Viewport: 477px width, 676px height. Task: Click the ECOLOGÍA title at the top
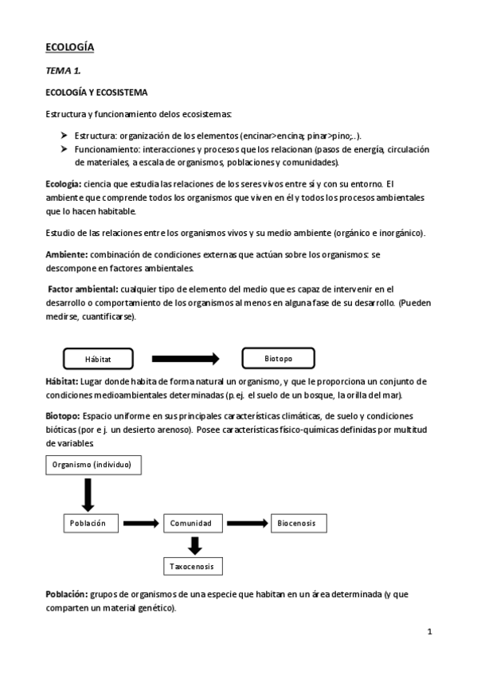(x=69, y=48)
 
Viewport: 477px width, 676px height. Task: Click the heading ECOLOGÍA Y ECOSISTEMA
(x=96, y=92)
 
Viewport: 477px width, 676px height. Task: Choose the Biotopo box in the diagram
(x=279, y=359)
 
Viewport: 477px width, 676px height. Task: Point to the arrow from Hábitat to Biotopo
(x=186, y=359)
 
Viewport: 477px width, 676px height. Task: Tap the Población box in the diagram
(x=89, y=523)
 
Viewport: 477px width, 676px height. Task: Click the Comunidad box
(x=190, y=523)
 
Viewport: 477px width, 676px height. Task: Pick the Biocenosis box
(x=298, y=523)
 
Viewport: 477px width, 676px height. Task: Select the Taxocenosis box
(x=190, y=566)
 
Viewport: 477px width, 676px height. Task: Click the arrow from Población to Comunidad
(x=141, y=523)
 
